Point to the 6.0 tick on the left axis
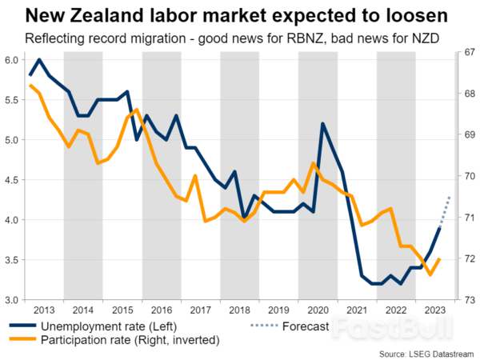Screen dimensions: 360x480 click(x=12, y=60)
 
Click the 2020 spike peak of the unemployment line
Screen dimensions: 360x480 click(x=322, y=124)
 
